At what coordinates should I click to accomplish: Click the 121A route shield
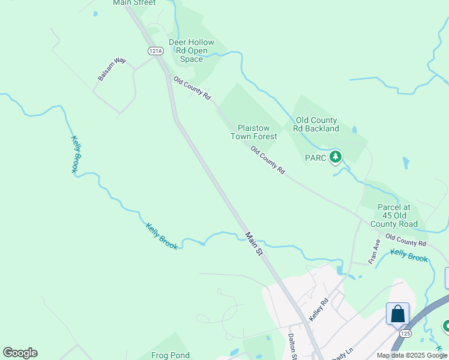(155, 51)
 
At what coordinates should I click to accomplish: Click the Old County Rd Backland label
(316, 124)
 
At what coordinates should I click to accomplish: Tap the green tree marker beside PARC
(336, 158)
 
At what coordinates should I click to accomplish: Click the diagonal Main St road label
(254, 245)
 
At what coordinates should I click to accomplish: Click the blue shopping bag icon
(397, 313)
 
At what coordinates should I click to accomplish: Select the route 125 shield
(400, 332)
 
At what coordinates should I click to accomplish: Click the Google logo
(20, 353)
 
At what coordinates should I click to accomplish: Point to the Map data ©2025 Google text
(411, 355)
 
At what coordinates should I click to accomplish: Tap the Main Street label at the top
(134, 3)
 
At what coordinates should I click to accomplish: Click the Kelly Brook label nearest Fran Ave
(409, 256)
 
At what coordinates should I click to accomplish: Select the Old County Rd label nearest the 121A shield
(192, 88)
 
